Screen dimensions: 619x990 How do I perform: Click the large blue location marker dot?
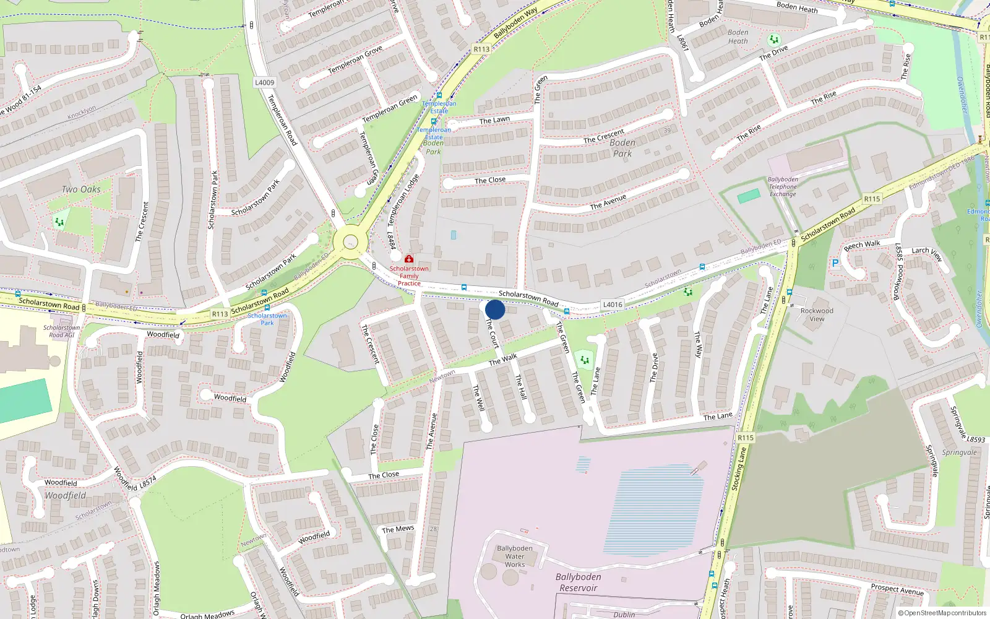(x=495, y=309)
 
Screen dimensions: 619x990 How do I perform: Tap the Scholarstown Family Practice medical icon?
(x=409, y=259)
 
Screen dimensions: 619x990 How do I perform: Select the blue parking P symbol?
(x=835, y=263)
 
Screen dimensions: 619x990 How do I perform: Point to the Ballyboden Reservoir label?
(x=578, y=582)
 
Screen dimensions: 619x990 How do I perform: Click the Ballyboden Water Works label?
(x=514, y=556)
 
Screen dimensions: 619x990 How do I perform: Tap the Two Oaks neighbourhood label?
(x=81, y=189)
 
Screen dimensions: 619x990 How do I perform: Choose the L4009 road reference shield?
(x=264, y=82)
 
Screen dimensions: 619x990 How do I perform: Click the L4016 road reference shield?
(x=613, y=305)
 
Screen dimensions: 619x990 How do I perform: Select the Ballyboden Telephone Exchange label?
(x=783, y=187)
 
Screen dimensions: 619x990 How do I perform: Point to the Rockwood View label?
(x=817, y=315)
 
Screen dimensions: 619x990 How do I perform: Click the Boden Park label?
(x=622, y=148)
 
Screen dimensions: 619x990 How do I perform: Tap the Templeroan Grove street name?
(x=355, y=60)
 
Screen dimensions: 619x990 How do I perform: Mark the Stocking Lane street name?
(x=740, y=469)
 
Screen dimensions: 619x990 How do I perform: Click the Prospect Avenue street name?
(x=897, y=589)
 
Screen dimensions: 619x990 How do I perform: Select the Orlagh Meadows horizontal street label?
(x=207, y=615)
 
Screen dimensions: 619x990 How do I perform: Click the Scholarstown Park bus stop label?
(x=267, y=319)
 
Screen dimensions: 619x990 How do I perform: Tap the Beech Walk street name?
(x=862, y=245)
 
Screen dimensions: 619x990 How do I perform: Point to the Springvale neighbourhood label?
(x=959, y=452)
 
